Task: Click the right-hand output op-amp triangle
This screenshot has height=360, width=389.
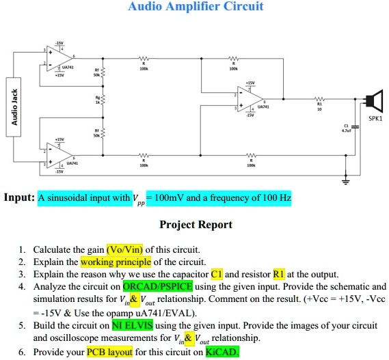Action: point(247,100)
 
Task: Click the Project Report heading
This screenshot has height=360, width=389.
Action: point(196,225)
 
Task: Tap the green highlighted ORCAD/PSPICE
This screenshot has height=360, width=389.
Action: point(157,287)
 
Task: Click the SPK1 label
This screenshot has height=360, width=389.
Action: point(375,117)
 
